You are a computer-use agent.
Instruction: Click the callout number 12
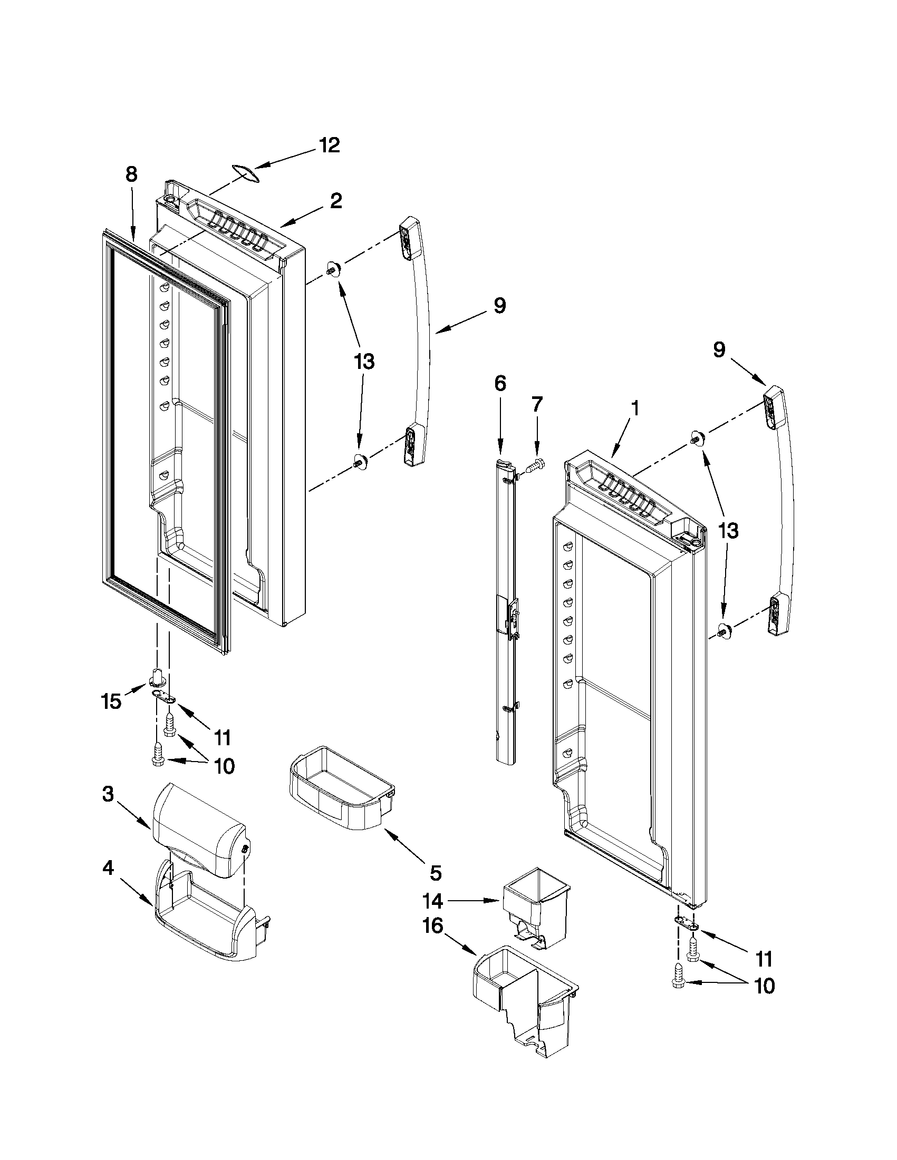329,145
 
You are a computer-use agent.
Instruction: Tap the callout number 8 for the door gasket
131,175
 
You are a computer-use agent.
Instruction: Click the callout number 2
335,201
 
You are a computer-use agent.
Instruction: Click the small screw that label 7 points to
533,465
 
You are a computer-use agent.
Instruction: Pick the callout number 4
108,869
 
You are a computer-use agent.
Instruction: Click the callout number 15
111,702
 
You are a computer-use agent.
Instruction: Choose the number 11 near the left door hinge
221,737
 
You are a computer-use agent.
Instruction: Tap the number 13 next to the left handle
364,362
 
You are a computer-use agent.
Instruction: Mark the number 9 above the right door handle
718,350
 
